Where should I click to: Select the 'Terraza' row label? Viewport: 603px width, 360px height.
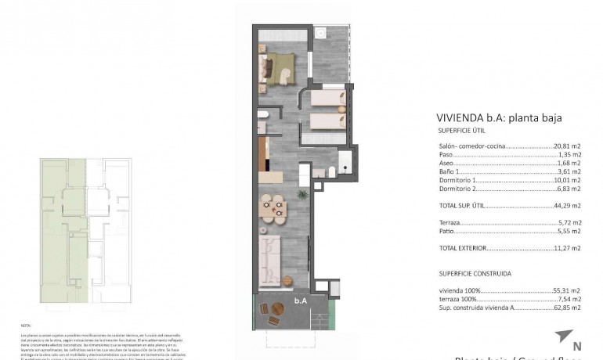tap(449, 223)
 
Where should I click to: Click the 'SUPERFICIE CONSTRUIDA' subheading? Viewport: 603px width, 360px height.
tap(475, 274)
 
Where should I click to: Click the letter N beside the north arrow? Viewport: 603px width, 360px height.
tap(578, 346)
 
